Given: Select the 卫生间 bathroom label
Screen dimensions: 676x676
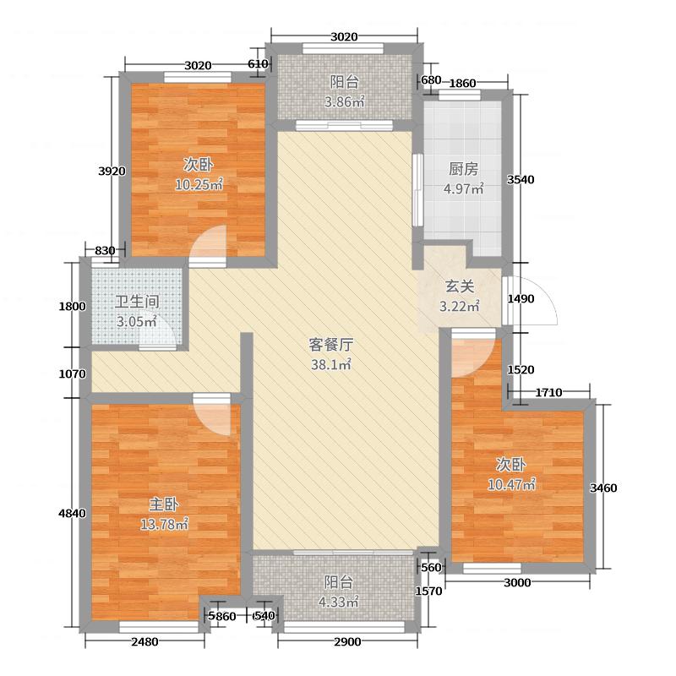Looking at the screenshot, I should click(x=136, y=301).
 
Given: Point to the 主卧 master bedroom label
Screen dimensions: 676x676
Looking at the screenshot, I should click(x=163, y=504).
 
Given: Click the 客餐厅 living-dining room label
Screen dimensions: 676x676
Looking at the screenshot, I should click(x=330, y=345).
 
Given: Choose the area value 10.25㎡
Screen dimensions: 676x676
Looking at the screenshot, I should click(x=199, y=184).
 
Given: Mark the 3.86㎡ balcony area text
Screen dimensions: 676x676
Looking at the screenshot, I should click(x=344, y=102).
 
